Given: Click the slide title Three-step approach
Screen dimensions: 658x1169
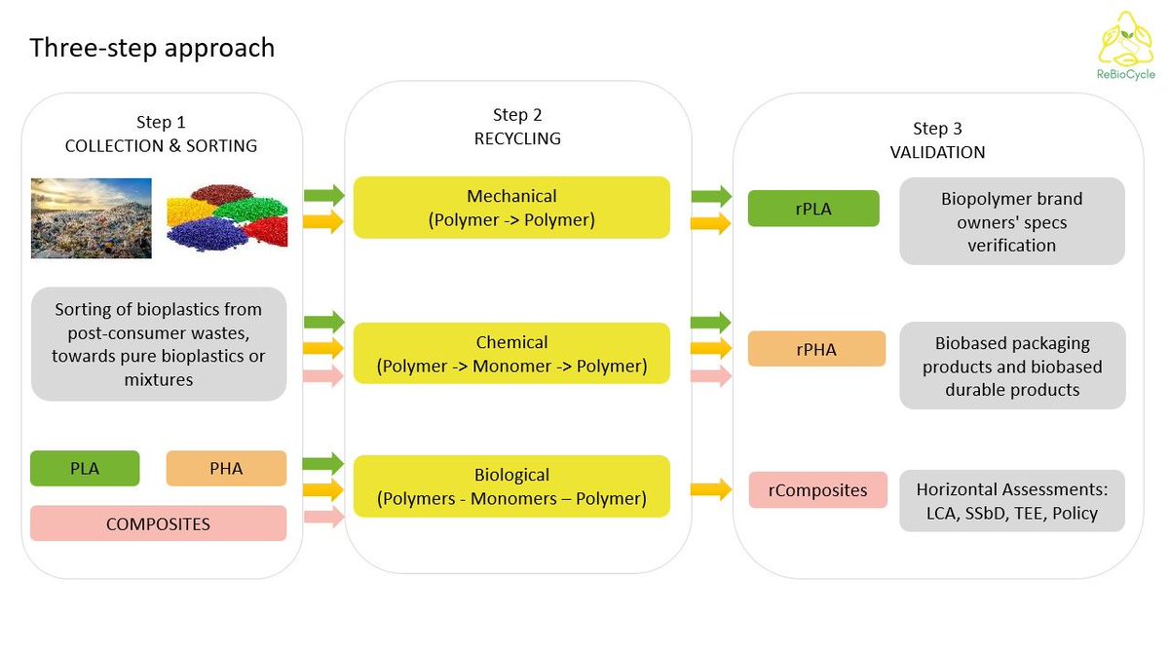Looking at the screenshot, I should (x=152, y=48).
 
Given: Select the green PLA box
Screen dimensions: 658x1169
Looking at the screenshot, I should (x=85, y=468).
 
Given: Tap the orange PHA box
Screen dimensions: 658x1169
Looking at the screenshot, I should (x=226, y=468).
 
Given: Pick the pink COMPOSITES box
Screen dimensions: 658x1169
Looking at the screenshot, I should (x=158, y=523).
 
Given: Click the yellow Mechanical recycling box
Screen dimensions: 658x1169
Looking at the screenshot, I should (x=511, y=208).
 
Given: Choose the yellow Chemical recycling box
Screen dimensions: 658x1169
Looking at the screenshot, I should (x=511, y=354).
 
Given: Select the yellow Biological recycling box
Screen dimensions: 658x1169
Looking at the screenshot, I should (x=511, y=486).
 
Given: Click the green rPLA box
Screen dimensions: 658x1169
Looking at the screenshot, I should (x=813, y=208).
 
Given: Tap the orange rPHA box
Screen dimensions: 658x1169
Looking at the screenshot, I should (x=816, y=349).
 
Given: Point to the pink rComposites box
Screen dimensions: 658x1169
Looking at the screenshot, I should (x=817, y=489).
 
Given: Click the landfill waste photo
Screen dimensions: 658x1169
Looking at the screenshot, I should (x=91, y=217).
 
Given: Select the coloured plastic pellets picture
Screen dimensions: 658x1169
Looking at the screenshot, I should (x=226, y=217).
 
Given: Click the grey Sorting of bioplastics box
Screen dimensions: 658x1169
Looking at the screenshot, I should (x=158, y=344).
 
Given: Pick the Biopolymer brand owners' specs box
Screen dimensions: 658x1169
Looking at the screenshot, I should (x=1011, y=221).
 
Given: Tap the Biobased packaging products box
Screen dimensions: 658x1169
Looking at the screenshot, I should (x=1011, y=366).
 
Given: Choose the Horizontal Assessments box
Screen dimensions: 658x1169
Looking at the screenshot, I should (x=1011, y=501).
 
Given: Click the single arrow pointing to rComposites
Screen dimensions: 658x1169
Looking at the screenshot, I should (x=711, y=489).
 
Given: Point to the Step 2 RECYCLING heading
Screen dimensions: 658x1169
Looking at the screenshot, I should (x=517, y=127).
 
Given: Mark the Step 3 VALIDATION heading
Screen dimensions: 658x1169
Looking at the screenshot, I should (x=937, y=140).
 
